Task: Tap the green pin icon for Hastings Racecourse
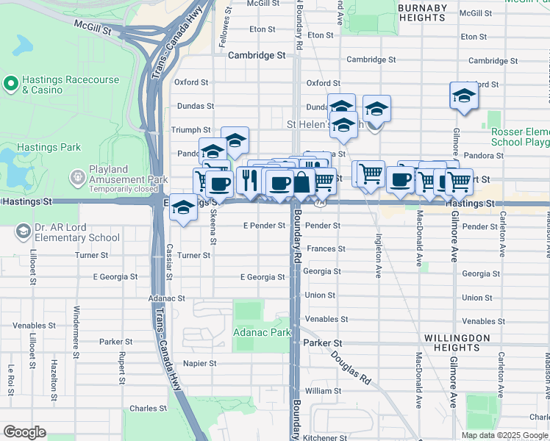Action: (11, 84)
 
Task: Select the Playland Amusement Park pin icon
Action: (78, 177)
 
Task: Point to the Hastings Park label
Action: (49, 147)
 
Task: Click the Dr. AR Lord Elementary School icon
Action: (24, 232)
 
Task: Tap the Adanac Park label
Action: (261, 332)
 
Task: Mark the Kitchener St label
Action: (325, 437)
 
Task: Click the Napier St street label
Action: (199, 363)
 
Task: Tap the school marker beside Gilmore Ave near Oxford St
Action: (464, 96)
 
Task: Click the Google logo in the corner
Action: (24, 432)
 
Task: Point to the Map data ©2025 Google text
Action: (504, 435)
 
